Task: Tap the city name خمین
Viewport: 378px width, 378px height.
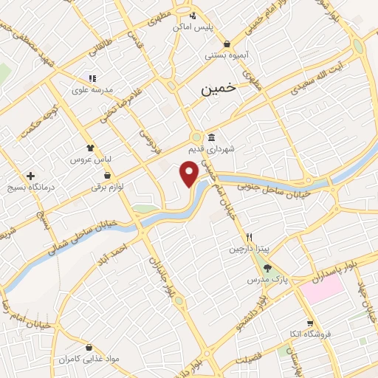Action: tap(219, 88)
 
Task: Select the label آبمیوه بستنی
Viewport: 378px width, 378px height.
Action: tap(227, 55)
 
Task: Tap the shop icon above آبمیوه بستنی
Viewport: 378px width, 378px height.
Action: tap(227, 44)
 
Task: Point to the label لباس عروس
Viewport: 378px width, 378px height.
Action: tap(90, 159)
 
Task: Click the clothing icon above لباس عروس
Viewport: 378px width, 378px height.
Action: tap(90, 148)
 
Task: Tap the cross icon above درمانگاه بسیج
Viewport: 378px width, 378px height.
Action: tap(30, 176)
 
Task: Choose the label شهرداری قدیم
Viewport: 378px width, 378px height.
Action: tap(231, 148)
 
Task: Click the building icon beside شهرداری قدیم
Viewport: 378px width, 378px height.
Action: tap(211, 137)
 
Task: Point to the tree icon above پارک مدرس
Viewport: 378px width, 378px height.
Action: tap(267, 269)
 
